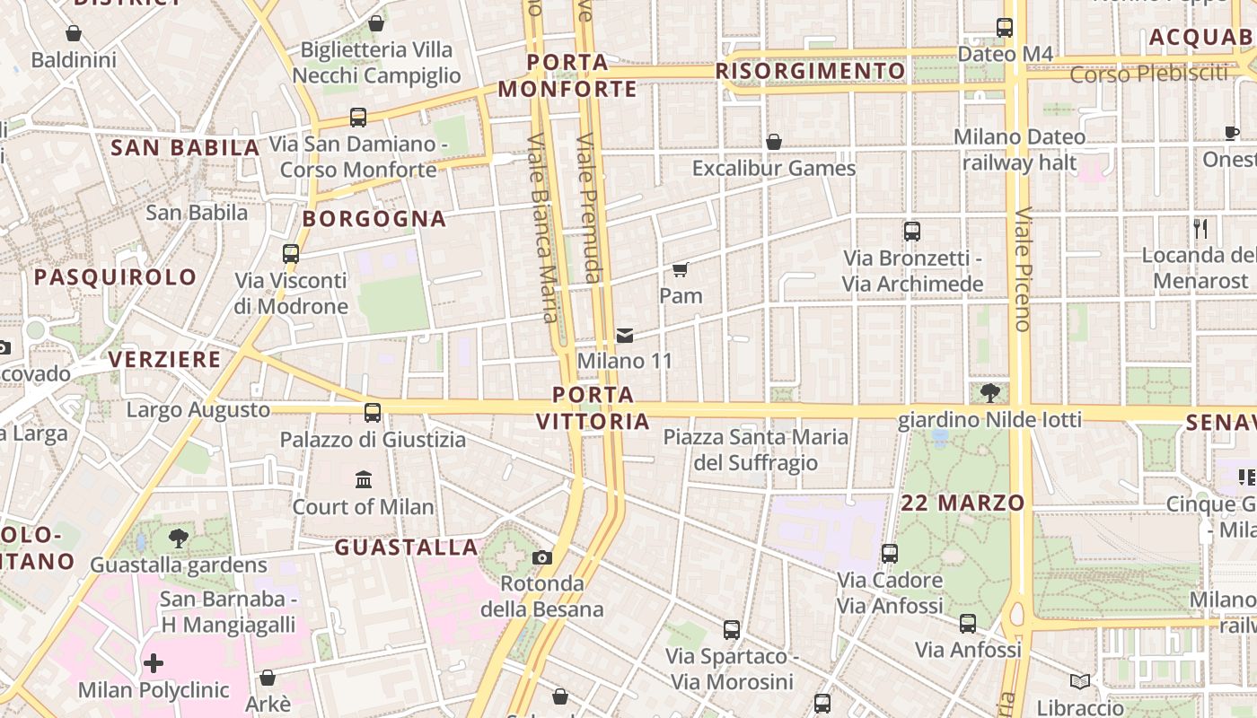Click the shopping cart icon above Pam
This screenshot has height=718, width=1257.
tap(681, 269)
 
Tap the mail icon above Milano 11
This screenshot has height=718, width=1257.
tap(625, 336)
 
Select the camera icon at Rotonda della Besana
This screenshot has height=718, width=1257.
tap(541, 557)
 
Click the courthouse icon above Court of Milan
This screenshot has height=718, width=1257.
tap(364, 480)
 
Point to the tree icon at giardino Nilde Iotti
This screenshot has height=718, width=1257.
tap(990, 392)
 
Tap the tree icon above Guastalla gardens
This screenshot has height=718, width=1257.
tap(179, 538)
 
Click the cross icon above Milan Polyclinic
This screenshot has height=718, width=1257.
tap(154, 664)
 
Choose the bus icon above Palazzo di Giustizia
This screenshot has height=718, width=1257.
tap(372, 413)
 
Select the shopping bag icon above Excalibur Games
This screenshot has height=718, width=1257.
tap(774, 142)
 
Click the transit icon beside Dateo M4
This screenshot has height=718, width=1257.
tap(1005, 28)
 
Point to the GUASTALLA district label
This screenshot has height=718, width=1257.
tap(406, 547)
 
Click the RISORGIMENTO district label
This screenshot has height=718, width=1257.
tap(811, 71)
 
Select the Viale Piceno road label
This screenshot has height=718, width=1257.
tap(1023, 269)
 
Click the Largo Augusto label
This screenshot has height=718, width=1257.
tap(198, 410)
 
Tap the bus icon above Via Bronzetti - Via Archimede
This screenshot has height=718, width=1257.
tap(912, 232)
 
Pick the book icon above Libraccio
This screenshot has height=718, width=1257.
tap(1080, 682)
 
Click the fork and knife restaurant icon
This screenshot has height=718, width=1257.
tap(1200, 228)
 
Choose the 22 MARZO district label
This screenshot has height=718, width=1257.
tap(963, 503)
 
